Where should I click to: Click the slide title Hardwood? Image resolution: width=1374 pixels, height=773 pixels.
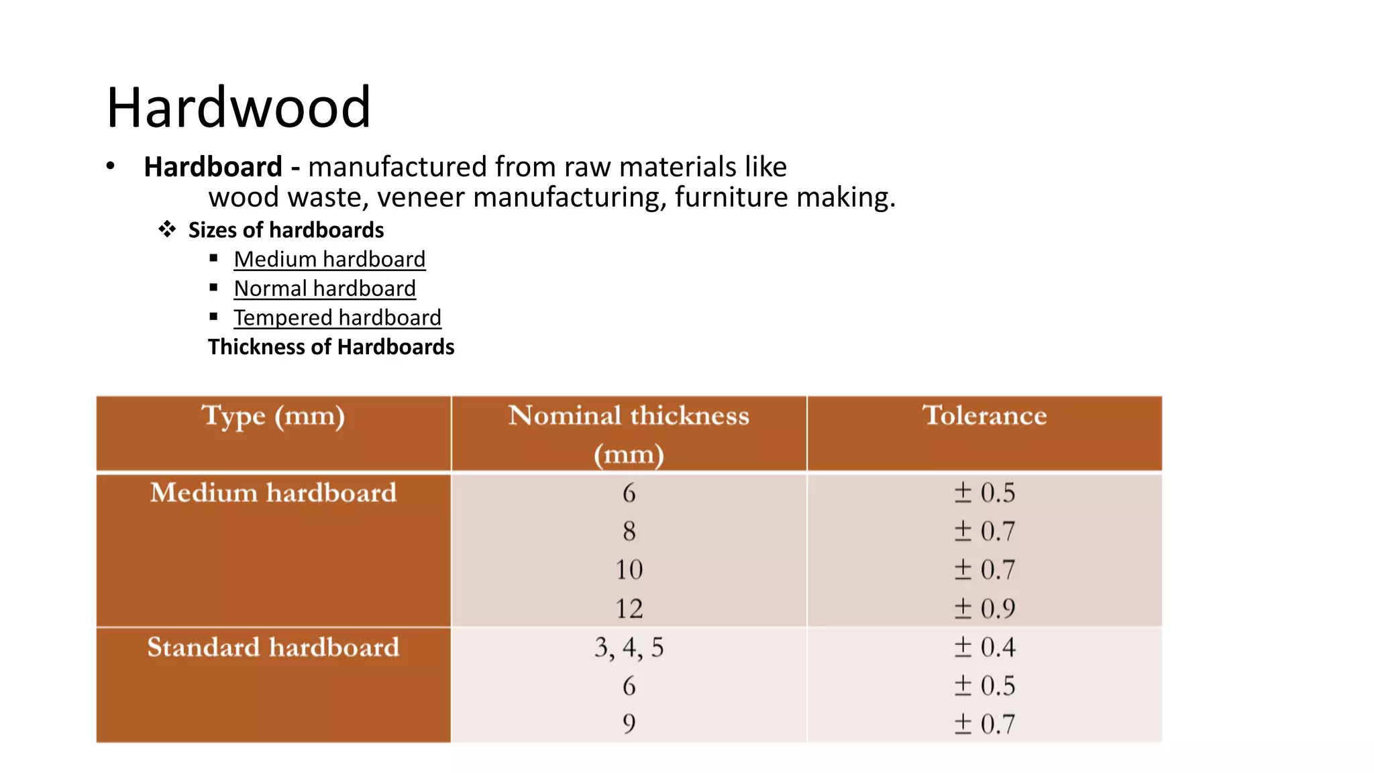pyautogui.click(x=238, y=107)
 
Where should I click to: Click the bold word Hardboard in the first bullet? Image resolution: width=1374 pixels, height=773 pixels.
pyautogui.click(x=213, y=166)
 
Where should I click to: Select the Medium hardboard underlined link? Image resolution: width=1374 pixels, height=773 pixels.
pyautogui.click(x=329, y=259)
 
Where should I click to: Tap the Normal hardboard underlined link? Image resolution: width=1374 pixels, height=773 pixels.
pyautogui.click(x=325, y=289)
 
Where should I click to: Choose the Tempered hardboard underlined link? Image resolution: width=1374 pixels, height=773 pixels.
pyautogui.click(x=337, y=317)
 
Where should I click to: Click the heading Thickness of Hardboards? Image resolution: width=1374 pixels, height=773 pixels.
pyautogui.click(x=331, y=347)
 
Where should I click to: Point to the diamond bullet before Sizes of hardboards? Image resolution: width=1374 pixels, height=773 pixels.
pyautogui.click(x=167, y=229)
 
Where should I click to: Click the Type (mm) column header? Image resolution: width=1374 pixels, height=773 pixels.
pyautogui.click(x=273, y=416)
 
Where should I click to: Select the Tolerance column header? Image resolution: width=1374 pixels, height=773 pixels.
pyautogui.click(x=984, y=415)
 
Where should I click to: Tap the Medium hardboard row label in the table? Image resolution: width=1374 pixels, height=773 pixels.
pyautogui.click(x=273, y=493)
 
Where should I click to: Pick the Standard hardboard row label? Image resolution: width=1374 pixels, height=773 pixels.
pyautogui.click(x=273, y=647)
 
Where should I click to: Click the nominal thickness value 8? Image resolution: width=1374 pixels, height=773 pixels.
pyautogui.click(x=629, y=531)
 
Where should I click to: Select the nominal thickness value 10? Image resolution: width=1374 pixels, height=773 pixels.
pyautogui.click(x=629, y=570)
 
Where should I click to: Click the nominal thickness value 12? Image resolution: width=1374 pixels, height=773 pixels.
pyautogui.click(x=629, y=609)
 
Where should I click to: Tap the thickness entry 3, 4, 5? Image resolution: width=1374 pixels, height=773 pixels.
pyautogui.click(x=629, y=648)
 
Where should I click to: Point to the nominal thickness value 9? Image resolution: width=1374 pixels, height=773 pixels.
pyautogui.click(x=629, y=723)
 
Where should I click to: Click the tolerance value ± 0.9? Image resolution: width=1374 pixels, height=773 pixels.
pyautogui.click(x=984, y=609)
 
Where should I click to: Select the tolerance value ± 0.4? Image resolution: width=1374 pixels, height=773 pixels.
pyautogui.click(x=984, y=648)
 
